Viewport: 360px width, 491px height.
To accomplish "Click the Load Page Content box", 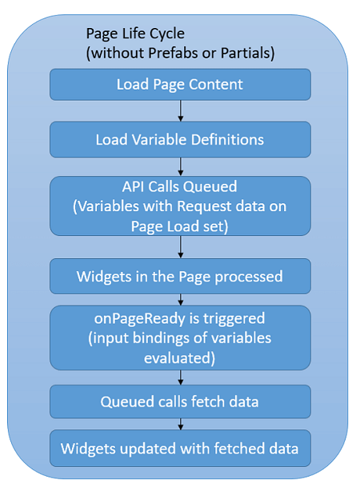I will (x=180, y=84).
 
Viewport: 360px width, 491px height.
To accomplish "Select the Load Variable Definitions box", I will (x=180, y=139).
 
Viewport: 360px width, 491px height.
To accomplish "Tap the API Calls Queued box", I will (x=180, y=206).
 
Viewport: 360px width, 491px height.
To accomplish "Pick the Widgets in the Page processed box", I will (x=180, y=277).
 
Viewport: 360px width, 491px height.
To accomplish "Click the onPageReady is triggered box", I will (x=180, y=337).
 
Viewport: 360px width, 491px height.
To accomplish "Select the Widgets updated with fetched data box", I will (x=180, y=449).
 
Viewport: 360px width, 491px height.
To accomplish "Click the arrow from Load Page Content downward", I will (x=180, y=110).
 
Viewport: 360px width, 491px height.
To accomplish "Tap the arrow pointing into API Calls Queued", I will (x=180, y=166).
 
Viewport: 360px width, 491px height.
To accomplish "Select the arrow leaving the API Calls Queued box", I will (x=180, y=247).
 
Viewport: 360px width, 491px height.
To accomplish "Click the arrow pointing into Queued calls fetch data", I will (x=180, y=377).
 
